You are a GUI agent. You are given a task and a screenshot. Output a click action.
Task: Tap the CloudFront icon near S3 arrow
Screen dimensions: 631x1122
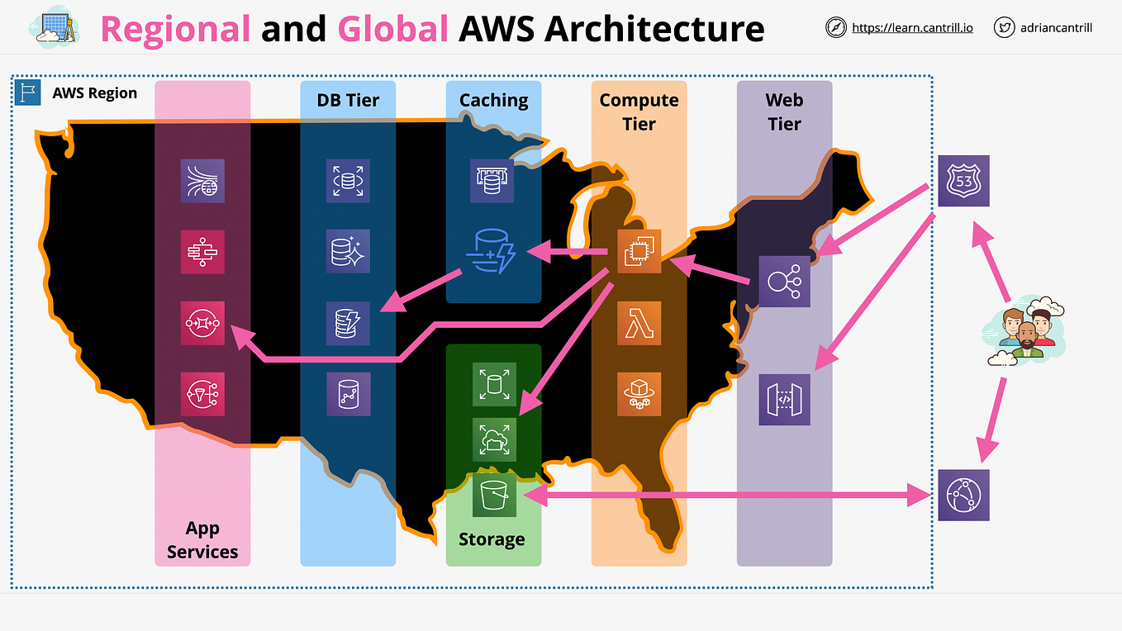(x=964, y=495)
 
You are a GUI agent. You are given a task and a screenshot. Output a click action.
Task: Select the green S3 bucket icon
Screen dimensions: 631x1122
(x=494, y=496)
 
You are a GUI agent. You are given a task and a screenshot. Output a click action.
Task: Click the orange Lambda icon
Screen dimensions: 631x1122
(x=639, y=322)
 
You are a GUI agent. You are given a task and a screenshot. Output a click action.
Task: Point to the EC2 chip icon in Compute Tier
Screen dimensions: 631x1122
(x=639, y=251)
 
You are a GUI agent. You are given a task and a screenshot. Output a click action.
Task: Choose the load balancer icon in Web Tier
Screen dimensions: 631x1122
(x=784, y=282)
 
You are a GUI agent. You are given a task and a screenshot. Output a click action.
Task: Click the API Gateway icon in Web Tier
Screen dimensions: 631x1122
(x=784, y=400)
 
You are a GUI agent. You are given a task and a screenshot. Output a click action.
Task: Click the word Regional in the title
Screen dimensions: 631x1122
(x=175, y=29)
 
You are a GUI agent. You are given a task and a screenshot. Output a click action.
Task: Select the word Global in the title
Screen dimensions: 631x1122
(x=392, y=29)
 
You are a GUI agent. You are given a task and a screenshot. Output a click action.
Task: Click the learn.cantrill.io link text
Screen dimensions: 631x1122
(x=912, y=28)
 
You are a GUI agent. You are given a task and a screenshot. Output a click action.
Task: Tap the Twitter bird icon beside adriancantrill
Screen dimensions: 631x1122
(x=1005, y=28)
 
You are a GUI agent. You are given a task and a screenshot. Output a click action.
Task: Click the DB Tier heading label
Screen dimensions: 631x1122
(x=348, y=101)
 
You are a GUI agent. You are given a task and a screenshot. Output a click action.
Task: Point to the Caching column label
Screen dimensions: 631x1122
(x=493, y=101)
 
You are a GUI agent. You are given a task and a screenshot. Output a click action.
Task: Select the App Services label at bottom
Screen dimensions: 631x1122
(x=202, y=540)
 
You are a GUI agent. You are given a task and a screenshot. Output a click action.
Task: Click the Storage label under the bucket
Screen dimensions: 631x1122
(x=492, y=539)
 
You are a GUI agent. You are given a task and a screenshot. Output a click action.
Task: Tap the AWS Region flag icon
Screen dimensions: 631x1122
(x=29, y=93)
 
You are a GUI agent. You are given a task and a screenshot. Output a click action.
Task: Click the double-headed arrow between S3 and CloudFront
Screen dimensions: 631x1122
(x=727, y=496)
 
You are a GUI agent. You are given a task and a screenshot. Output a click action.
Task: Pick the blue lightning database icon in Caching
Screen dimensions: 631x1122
(x=493, y=251)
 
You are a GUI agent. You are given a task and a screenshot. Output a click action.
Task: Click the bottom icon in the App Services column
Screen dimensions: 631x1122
(x=202, y=393)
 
